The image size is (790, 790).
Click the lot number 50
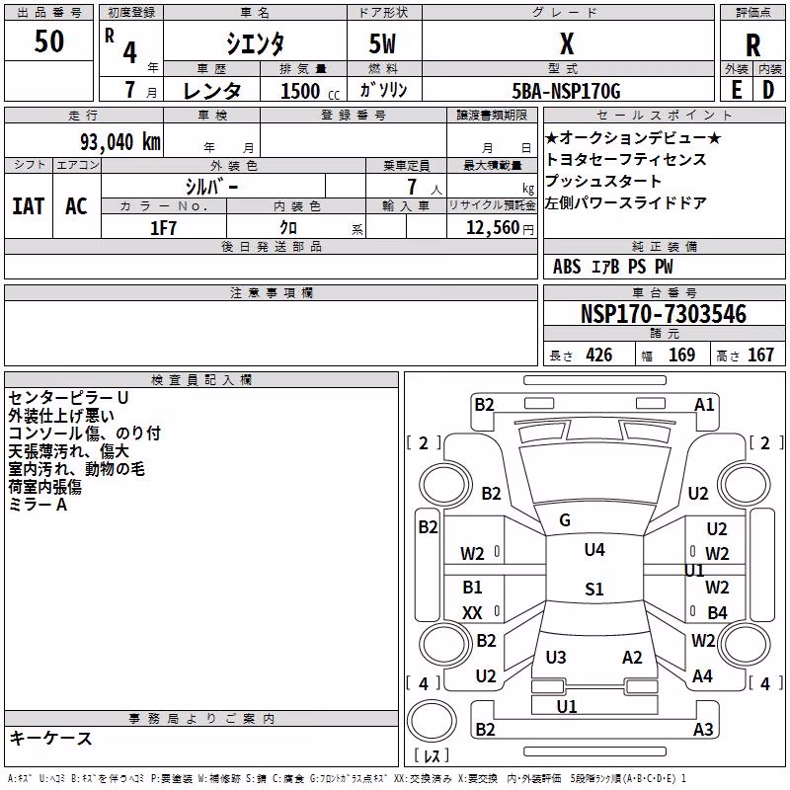(x=48, y=40)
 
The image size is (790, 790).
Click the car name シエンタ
(x=255, y=43)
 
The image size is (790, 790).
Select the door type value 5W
(x=382, y=43)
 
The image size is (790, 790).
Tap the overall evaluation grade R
(x=752, y=45)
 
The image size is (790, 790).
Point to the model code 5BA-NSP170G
(x=566, y=91)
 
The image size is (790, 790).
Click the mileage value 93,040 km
(x=119, y=141)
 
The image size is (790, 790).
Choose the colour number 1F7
(x=163, y=228)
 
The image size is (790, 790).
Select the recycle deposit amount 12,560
(x=492, y=228)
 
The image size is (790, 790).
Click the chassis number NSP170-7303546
(x=663, y=314)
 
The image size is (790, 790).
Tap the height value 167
(x=760, y=355)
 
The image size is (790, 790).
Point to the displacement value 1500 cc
(x=310, y=91)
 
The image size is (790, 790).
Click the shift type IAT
(x=29, y=206)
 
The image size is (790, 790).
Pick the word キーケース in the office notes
(x=51, y=738)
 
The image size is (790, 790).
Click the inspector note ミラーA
(x=38, y=505)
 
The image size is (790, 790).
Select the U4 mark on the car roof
(x=594, y=549)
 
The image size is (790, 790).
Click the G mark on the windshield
(x=565, y=520)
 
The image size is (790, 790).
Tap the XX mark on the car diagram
(x=472, y=612)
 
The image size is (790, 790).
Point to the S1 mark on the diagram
(x=594, y=589)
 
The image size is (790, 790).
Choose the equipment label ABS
(x=567, y=267)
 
